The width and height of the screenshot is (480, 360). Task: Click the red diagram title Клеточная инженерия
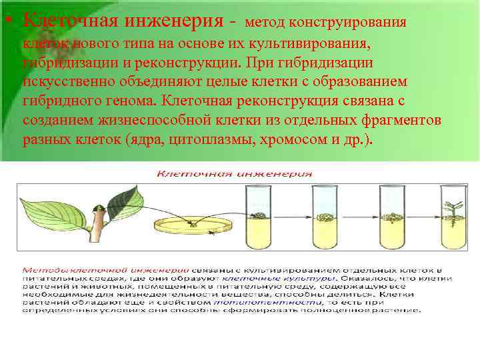[x=234, y=175]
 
